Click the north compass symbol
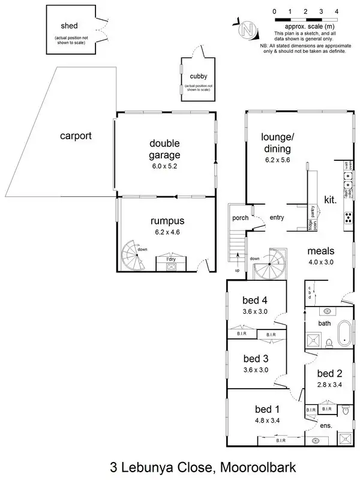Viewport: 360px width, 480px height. (x=247, y=28)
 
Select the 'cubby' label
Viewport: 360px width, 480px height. (x=199, y=76)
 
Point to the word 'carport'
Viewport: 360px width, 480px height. (x=76, y=136)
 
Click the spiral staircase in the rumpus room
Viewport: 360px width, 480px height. (x=133, y=257)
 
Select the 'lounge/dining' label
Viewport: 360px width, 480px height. (x=276, y=143)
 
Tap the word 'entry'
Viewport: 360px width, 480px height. (x=277, y=218)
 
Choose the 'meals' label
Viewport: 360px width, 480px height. (x=321, y=251)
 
